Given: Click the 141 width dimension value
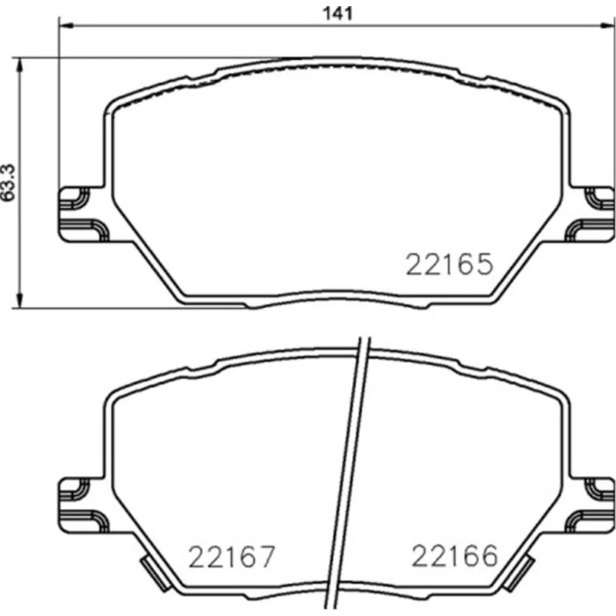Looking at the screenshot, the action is [337, 14].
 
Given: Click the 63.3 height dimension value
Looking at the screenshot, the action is [8, 182].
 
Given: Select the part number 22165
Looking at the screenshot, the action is [449, 264].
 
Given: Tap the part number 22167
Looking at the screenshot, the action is [232, 556].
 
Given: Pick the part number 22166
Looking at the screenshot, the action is [454, 555].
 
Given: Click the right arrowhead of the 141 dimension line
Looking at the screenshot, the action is [608, 26].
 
